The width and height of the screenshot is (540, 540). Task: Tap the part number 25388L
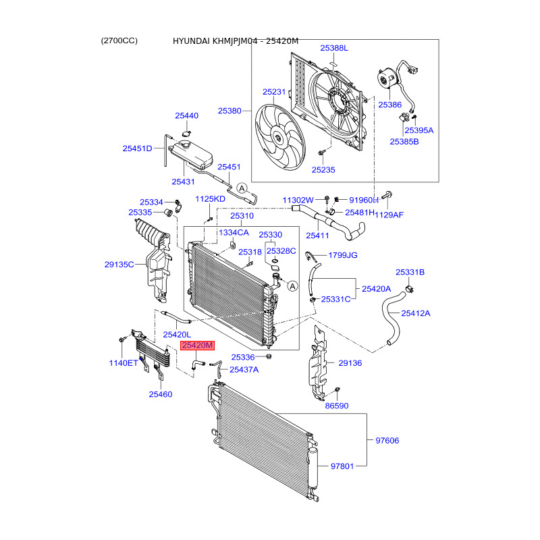334,49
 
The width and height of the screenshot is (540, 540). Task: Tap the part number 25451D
138,148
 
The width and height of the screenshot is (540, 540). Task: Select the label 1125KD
211,199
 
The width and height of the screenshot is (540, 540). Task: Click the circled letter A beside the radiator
293,286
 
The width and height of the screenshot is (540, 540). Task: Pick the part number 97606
387,441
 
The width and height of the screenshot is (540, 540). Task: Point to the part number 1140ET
124,362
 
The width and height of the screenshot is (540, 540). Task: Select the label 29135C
119,265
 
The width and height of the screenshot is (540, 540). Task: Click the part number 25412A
416,313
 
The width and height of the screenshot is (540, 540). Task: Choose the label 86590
336,406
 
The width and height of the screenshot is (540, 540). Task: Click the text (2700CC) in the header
119,40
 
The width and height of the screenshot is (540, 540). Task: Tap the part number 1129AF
389,215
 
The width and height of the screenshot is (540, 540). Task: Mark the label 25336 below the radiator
242,357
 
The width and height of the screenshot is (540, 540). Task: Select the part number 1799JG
343,256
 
